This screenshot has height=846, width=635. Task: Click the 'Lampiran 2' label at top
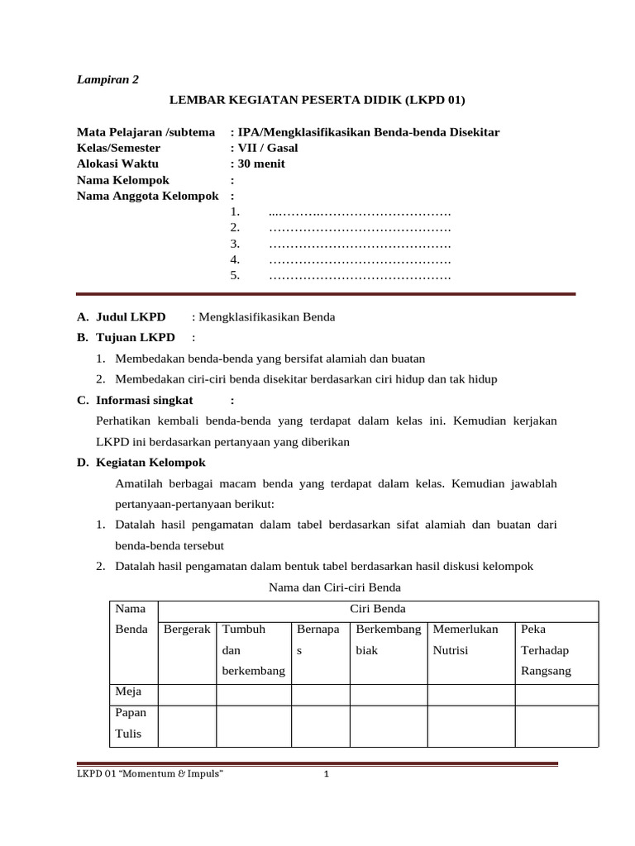[107, 79]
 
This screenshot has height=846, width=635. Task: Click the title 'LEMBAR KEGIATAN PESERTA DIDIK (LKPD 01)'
[317, 101]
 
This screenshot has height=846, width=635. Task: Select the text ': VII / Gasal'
[264, 148]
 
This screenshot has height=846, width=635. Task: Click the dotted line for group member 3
[360, 244]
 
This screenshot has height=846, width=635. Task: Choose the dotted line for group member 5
[360, 275]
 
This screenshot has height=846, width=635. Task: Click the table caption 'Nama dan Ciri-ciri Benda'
[335, 587]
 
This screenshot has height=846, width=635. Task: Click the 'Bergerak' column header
[187, 630]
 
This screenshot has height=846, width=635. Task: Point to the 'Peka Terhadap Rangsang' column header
[546, 650]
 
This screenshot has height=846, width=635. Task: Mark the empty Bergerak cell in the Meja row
[187, 693]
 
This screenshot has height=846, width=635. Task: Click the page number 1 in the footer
[327, 774]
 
